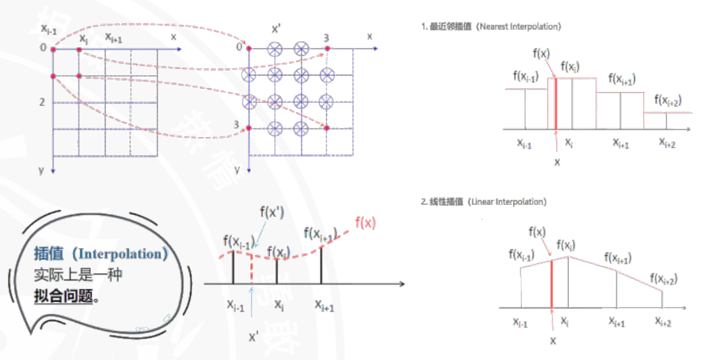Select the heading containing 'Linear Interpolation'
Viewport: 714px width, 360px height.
pos(483,202)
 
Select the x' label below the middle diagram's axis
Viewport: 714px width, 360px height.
pos(254,335)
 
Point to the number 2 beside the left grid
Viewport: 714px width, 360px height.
pos(42,102)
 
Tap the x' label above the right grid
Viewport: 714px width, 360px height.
pos(276,29)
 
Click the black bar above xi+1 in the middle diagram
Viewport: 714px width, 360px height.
pos(321,264)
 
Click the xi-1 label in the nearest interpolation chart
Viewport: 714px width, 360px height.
pos(526,144)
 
